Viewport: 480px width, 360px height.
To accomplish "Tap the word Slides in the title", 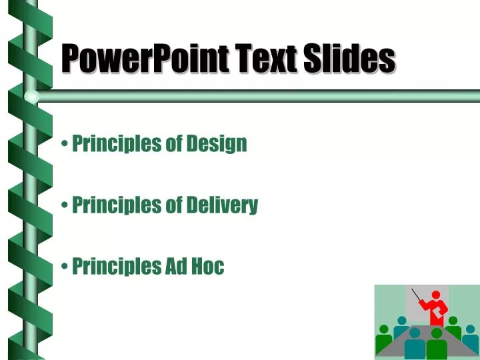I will [x=350, y=59].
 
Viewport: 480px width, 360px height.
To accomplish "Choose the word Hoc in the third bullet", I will [x=208, y=267].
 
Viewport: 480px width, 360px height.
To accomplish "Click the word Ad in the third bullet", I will [x=175, y=267].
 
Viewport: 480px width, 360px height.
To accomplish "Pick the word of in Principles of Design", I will [x=173, y=143].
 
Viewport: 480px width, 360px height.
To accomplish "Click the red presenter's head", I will [x=437, y=295].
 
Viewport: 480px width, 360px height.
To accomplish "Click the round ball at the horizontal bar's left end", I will [x=31, y=97].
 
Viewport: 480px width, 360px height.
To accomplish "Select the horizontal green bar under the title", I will [x=267, y=96].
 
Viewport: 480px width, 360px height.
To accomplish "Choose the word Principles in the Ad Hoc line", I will [x=117, y=267].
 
